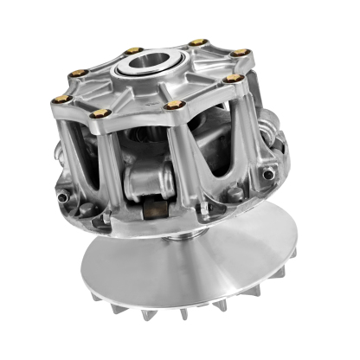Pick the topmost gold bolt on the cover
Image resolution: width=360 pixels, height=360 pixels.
197,42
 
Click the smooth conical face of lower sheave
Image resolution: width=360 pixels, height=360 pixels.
208,260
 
